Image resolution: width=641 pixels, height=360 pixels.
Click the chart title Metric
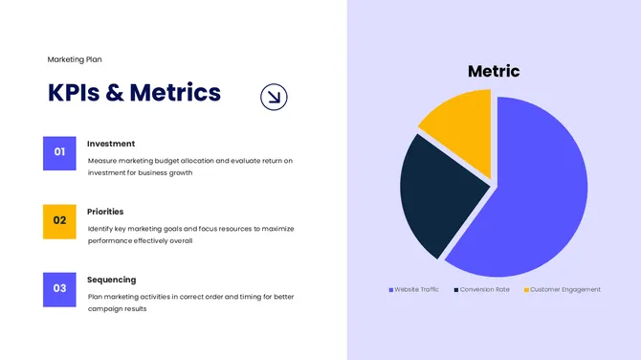494,71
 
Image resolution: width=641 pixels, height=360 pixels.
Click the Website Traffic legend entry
414,289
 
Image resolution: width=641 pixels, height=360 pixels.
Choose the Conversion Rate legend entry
482,289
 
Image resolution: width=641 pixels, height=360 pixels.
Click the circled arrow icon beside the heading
274,95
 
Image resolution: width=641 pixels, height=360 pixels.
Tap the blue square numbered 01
59,152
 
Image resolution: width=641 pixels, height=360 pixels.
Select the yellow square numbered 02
59,220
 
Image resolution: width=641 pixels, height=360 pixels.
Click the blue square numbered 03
59,288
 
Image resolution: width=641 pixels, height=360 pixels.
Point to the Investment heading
111,144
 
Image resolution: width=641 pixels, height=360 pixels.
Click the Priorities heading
105,212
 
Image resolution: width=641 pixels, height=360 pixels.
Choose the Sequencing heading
112,280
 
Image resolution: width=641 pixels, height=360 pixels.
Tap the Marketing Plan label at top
75,59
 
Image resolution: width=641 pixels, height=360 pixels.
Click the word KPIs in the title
73,93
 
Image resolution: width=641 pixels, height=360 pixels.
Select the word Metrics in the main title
175,93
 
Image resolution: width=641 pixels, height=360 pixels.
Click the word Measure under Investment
103,161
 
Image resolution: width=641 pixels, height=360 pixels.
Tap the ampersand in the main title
113,93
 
